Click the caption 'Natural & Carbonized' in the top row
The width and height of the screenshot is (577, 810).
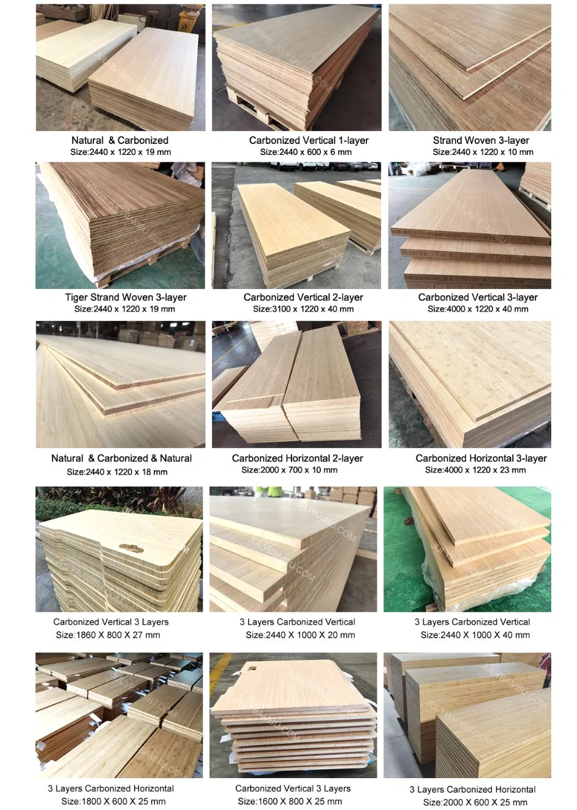click(119, 140)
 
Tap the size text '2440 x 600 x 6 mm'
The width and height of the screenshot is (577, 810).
click(306, 152)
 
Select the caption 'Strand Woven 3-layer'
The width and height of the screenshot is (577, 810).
click(481, 140)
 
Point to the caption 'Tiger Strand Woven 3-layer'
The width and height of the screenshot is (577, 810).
click(126, 298)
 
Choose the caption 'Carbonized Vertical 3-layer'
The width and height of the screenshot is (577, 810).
click(478, 298)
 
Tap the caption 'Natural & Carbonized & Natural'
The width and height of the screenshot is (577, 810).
click(121, 459)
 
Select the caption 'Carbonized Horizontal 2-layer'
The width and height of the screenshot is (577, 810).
click(297, 459)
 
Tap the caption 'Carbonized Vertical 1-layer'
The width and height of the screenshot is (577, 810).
click(309, 140)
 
